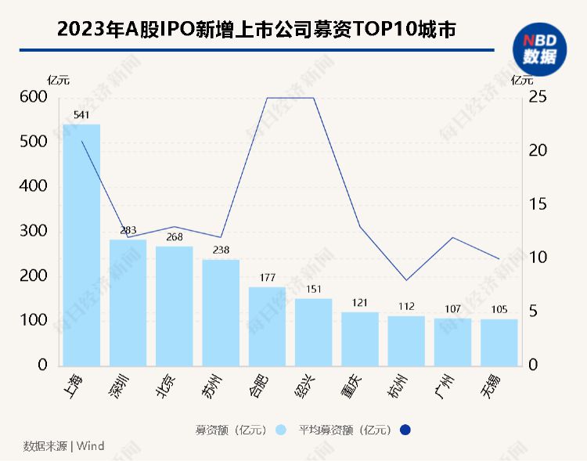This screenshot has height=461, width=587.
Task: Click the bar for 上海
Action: [x=81, y=245]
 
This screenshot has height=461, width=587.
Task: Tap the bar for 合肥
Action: [x=267, y=326]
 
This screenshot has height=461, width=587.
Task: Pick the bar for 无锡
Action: [x=499, y=342]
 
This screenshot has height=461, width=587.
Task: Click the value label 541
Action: [x=81, y=115]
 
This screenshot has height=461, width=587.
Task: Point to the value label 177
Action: [x=267, y=277]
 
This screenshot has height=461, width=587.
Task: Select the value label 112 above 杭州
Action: [x=406, y=306]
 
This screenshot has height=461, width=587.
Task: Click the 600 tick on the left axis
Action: [x=34, y=97]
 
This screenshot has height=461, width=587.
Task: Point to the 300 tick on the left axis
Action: [x=34, y=232]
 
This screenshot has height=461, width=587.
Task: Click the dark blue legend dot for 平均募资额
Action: [x=405, y=430]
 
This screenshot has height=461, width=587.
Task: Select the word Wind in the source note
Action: [x=90, y=446]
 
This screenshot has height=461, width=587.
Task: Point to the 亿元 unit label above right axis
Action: [x=522, y=79]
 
